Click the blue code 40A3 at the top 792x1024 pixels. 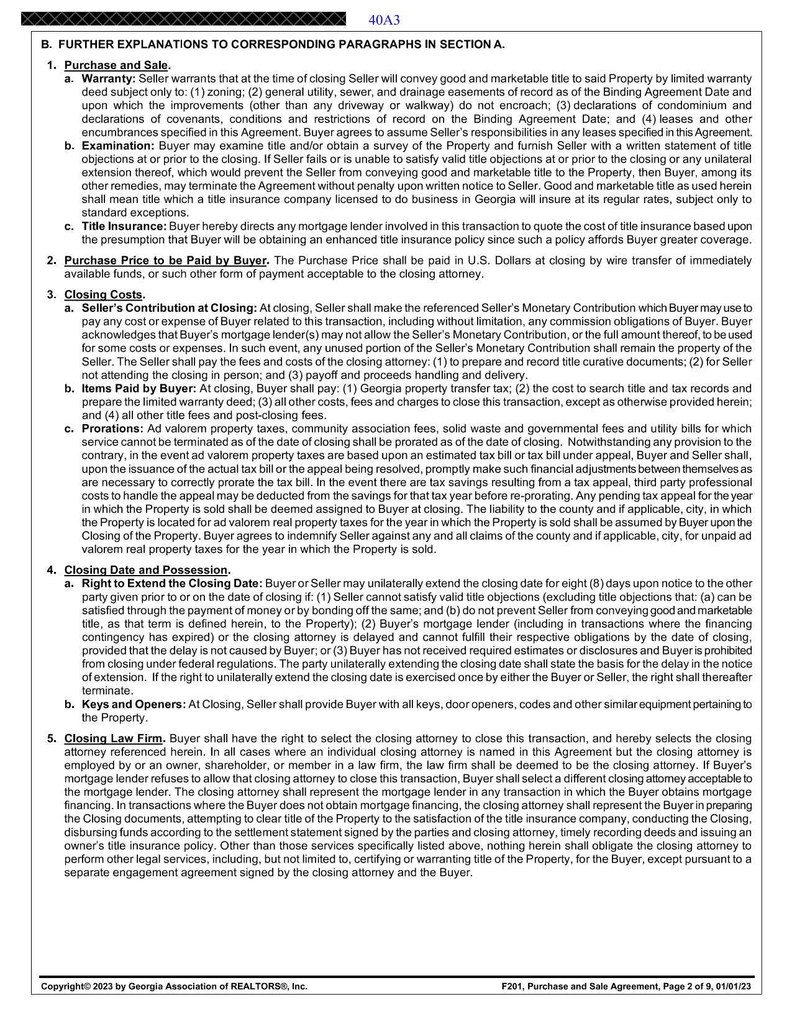[x=384, y=20]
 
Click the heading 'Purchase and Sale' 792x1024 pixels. [x=116, y=65]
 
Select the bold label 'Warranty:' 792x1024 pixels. [x=109, y=79]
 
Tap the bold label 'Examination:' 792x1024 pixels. [x=117, y=146]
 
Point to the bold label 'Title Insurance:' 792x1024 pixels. [x=124, y=227]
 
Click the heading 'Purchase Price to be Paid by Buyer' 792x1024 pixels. [x=165, y=260]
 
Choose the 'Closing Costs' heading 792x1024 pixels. [x=103, y=294]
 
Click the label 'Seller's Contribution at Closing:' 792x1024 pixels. [x=169, y=308]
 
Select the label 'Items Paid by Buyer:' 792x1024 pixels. [x=139, y=389]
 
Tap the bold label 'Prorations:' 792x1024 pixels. [x=112, y=429]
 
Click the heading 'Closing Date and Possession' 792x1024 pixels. [x=146, y=570]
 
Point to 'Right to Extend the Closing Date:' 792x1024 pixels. [x=171, y=584]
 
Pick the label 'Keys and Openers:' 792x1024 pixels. [x=134, y=704]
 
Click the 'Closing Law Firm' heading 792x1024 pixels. [x=114, y=739]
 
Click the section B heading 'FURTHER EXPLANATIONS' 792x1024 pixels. [x=272, y=45]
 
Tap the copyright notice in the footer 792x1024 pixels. [x=174, y=986]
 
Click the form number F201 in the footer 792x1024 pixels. [x=512, y=986]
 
